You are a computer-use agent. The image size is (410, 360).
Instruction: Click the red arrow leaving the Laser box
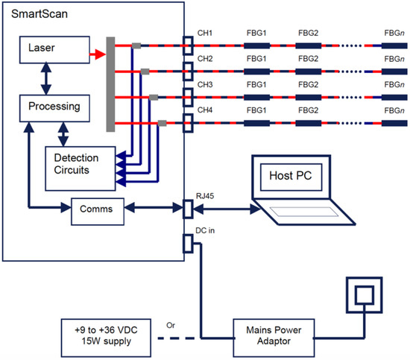point(98,54)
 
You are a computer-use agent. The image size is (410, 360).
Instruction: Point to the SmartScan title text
point(40,14)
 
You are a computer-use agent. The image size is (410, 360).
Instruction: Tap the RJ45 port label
point(205,196)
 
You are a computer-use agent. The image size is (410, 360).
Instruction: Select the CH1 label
point(205,33)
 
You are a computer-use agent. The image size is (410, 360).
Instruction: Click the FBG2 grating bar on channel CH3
point(309,98)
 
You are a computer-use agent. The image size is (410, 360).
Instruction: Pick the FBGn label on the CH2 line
point(394,59)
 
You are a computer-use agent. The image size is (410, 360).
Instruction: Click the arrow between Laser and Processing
point(46,78)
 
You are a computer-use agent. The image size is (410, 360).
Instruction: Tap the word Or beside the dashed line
point(171,326)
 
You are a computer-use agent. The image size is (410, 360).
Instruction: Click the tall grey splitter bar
point(110,84)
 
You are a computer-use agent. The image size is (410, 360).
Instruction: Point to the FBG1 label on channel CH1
point(256,33)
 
